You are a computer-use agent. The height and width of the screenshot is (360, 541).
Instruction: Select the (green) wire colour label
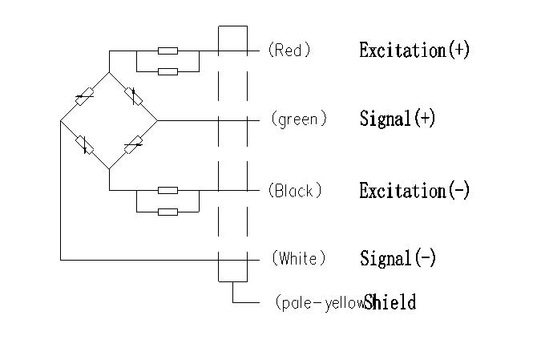pos(299,119)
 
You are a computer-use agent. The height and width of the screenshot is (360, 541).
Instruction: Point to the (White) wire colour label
pos(299,258)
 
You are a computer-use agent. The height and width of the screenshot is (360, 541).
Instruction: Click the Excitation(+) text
pos(414,50)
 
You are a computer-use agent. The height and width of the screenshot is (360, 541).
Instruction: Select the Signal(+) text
pos(398,119)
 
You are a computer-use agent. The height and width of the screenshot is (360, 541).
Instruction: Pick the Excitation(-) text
pos(414,191)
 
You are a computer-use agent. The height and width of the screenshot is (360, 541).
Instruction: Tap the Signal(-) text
pos(398,258)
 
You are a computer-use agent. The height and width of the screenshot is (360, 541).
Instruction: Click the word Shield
pos(390,302)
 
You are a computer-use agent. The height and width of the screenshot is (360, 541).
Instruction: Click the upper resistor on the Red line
pos(168,51)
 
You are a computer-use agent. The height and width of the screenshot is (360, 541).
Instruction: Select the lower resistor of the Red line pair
pos(168,71)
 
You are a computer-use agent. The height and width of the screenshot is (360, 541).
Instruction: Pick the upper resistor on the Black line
pos(168,190)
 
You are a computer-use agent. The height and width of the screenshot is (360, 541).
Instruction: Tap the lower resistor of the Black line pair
pos(168,212)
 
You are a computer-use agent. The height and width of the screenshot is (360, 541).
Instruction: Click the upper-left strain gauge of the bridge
pos(83,98)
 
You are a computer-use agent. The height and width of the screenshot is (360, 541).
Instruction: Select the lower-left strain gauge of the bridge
pos(83,144)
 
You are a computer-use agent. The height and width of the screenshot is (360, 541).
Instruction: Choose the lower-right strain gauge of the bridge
pos(134,144)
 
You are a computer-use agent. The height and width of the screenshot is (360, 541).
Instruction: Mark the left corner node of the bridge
pos(61,121)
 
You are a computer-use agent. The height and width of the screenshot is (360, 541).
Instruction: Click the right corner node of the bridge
pos(156,120)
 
